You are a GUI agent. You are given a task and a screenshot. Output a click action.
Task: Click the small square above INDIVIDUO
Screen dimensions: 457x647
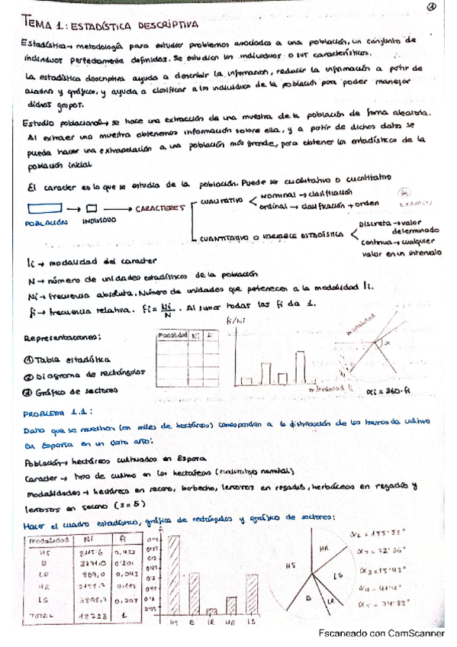92,208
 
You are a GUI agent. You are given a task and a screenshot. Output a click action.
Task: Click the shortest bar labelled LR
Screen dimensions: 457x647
212,611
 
